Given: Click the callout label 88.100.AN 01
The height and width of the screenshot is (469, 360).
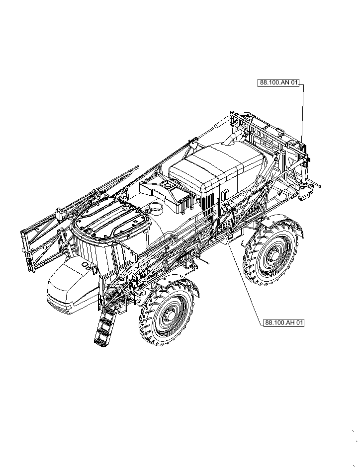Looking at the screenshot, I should click(279, 83).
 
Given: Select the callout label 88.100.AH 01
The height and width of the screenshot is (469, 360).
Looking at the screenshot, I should click(283, 322).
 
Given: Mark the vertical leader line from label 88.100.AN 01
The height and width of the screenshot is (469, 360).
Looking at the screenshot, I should click(303, 114).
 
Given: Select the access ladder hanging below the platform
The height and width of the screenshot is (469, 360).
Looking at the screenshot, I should click(105, 326).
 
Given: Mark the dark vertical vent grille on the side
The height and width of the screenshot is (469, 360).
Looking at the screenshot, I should click(208, 204).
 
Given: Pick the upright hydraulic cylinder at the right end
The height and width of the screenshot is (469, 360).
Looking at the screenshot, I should click(301, 174).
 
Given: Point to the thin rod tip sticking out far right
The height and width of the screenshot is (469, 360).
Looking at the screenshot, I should click(319, 187).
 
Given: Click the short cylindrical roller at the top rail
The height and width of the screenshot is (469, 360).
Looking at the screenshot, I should click(219, 127).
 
